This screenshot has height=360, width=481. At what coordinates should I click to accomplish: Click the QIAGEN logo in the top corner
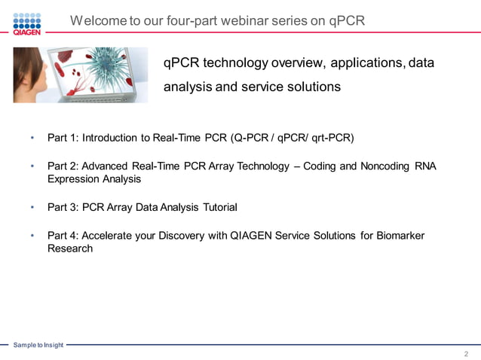[26, 23]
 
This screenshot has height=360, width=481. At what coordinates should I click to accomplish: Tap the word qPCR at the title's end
[347, 20]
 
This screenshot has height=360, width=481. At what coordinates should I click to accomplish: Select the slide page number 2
[466, 352]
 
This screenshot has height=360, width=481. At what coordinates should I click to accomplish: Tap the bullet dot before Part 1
[32, 139]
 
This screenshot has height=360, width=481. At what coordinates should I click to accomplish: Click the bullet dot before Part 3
[32, 206]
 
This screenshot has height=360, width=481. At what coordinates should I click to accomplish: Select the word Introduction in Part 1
[110, 138]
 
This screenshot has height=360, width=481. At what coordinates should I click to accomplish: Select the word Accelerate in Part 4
[109, 236]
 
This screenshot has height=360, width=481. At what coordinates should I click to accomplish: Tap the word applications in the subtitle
[363, 63]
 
